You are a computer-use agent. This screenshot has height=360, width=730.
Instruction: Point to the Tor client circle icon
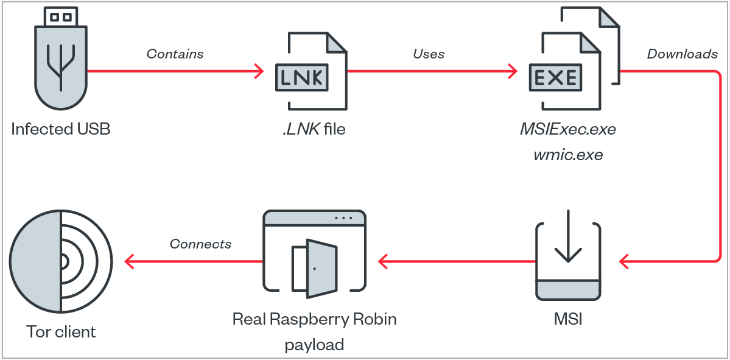point(61,262)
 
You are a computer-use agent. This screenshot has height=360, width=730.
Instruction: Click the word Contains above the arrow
point(175,54)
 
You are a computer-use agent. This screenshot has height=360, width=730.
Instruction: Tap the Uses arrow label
point(429,54)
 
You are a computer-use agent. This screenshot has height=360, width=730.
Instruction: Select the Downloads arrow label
point(682,54)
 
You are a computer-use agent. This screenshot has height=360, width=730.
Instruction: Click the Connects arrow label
point(200,244)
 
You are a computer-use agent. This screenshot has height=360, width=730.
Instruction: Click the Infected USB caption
point(61,129)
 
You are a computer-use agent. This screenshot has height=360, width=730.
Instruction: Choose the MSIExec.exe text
point(568,129)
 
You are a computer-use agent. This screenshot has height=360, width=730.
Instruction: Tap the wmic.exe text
point(568,155)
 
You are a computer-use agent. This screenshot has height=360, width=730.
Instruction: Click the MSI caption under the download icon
point(568,319)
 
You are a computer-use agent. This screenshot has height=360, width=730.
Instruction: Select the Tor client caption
point(61,332)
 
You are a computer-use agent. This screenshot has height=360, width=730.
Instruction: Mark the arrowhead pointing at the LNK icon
point(259,71)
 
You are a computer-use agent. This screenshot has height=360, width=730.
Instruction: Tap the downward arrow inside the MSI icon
point(568,239)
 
